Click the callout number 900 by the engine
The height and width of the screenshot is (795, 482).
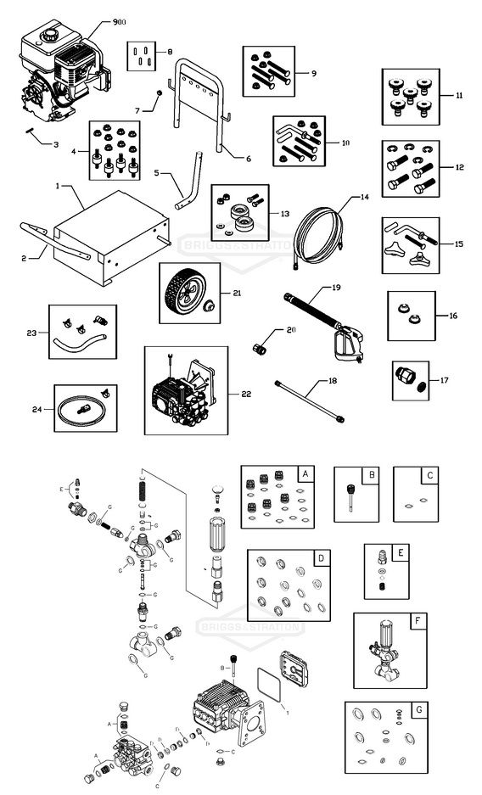pos(120,21)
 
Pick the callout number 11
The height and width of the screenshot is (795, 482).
pos(458,96)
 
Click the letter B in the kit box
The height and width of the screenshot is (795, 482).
pos(370,475)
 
